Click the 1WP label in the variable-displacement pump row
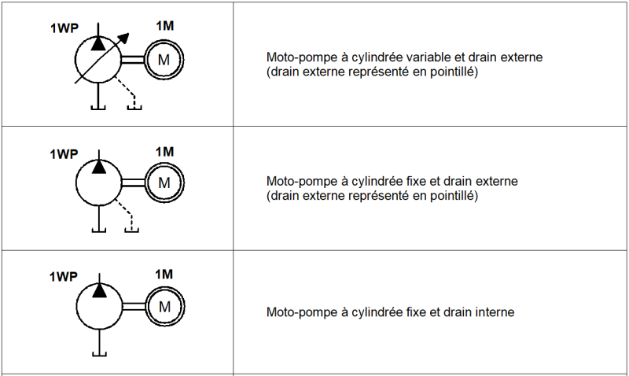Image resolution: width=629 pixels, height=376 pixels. click(64, 28)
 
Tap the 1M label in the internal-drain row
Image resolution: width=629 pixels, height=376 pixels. click(164, 275)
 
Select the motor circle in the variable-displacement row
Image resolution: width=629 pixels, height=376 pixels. click(164, 60)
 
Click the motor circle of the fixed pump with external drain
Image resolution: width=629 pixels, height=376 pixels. click(164, 182)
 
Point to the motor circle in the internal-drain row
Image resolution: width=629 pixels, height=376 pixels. click(165, 307)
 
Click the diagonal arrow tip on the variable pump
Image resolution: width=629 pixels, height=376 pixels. click(129, 34)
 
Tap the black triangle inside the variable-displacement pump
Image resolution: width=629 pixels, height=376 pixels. click(97, 43)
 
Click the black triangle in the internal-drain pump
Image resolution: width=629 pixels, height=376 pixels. click(100, 290)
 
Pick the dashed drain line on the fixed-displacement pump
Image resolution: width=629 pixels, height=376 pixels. click(123, 212)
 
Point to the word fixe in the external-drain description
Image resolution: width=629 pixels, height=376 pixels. click(416, 182)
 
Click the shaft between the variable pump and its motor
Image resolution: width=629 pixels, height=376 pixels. click(133, 60)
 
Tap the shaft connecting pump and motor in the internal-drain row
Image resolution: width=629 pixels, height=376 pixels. click(134, 307)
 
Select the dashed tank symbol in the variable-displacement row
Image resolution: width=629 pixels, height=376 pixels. click(134, 107)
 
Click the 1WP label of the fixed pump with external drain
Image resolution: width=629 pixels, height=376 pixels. click(64, 154)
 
